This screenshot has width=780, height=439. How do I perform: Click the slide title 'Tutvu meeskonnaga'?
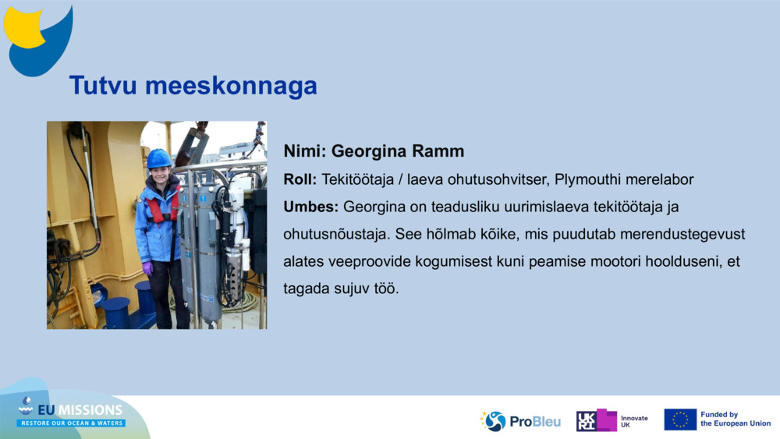193,85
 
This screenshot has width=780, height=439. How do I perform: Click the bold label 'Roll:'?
300,179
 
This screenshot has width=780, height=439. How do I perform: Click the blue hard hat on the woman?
159,158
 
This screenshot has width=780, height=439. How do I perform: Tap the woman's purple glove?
147,268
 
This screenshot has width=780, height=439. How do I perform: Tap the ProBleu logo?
521,421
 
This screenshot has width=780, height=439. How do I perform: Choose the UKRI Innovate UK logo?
612,420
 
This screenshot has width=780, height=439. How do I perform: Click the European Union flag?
680,420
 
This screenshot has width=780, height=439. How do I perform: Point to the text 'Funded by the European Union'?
735,420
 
